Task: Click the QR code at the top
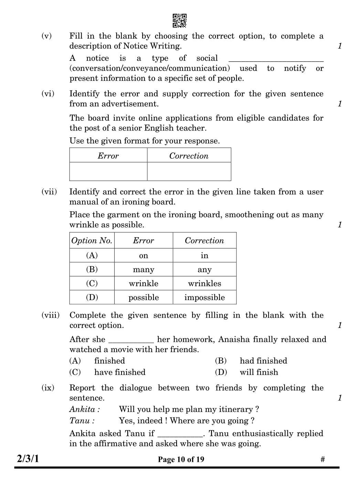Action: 179,21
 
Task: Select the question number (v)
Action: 46,36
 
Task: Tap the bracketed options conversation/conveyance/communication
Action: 150,68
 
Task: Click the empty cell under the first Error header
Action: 108,171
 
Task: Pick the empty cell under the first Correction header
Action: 189,171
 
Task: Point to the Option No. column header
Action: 92,241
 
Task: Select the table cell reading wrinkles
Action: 204,284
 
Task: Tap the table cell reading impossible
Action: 204,298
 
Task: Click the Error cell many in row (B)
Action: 144,270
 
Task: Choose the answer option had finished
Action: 263,361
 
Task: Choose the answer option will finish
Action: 259,372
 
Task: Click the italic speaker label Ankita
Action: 84,409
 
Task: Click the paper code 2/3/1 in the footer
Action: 28,459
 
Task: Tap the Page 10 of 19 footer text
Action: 181,459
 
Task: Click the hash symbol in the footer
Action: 322,459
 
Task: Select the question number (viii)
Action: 50,315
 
